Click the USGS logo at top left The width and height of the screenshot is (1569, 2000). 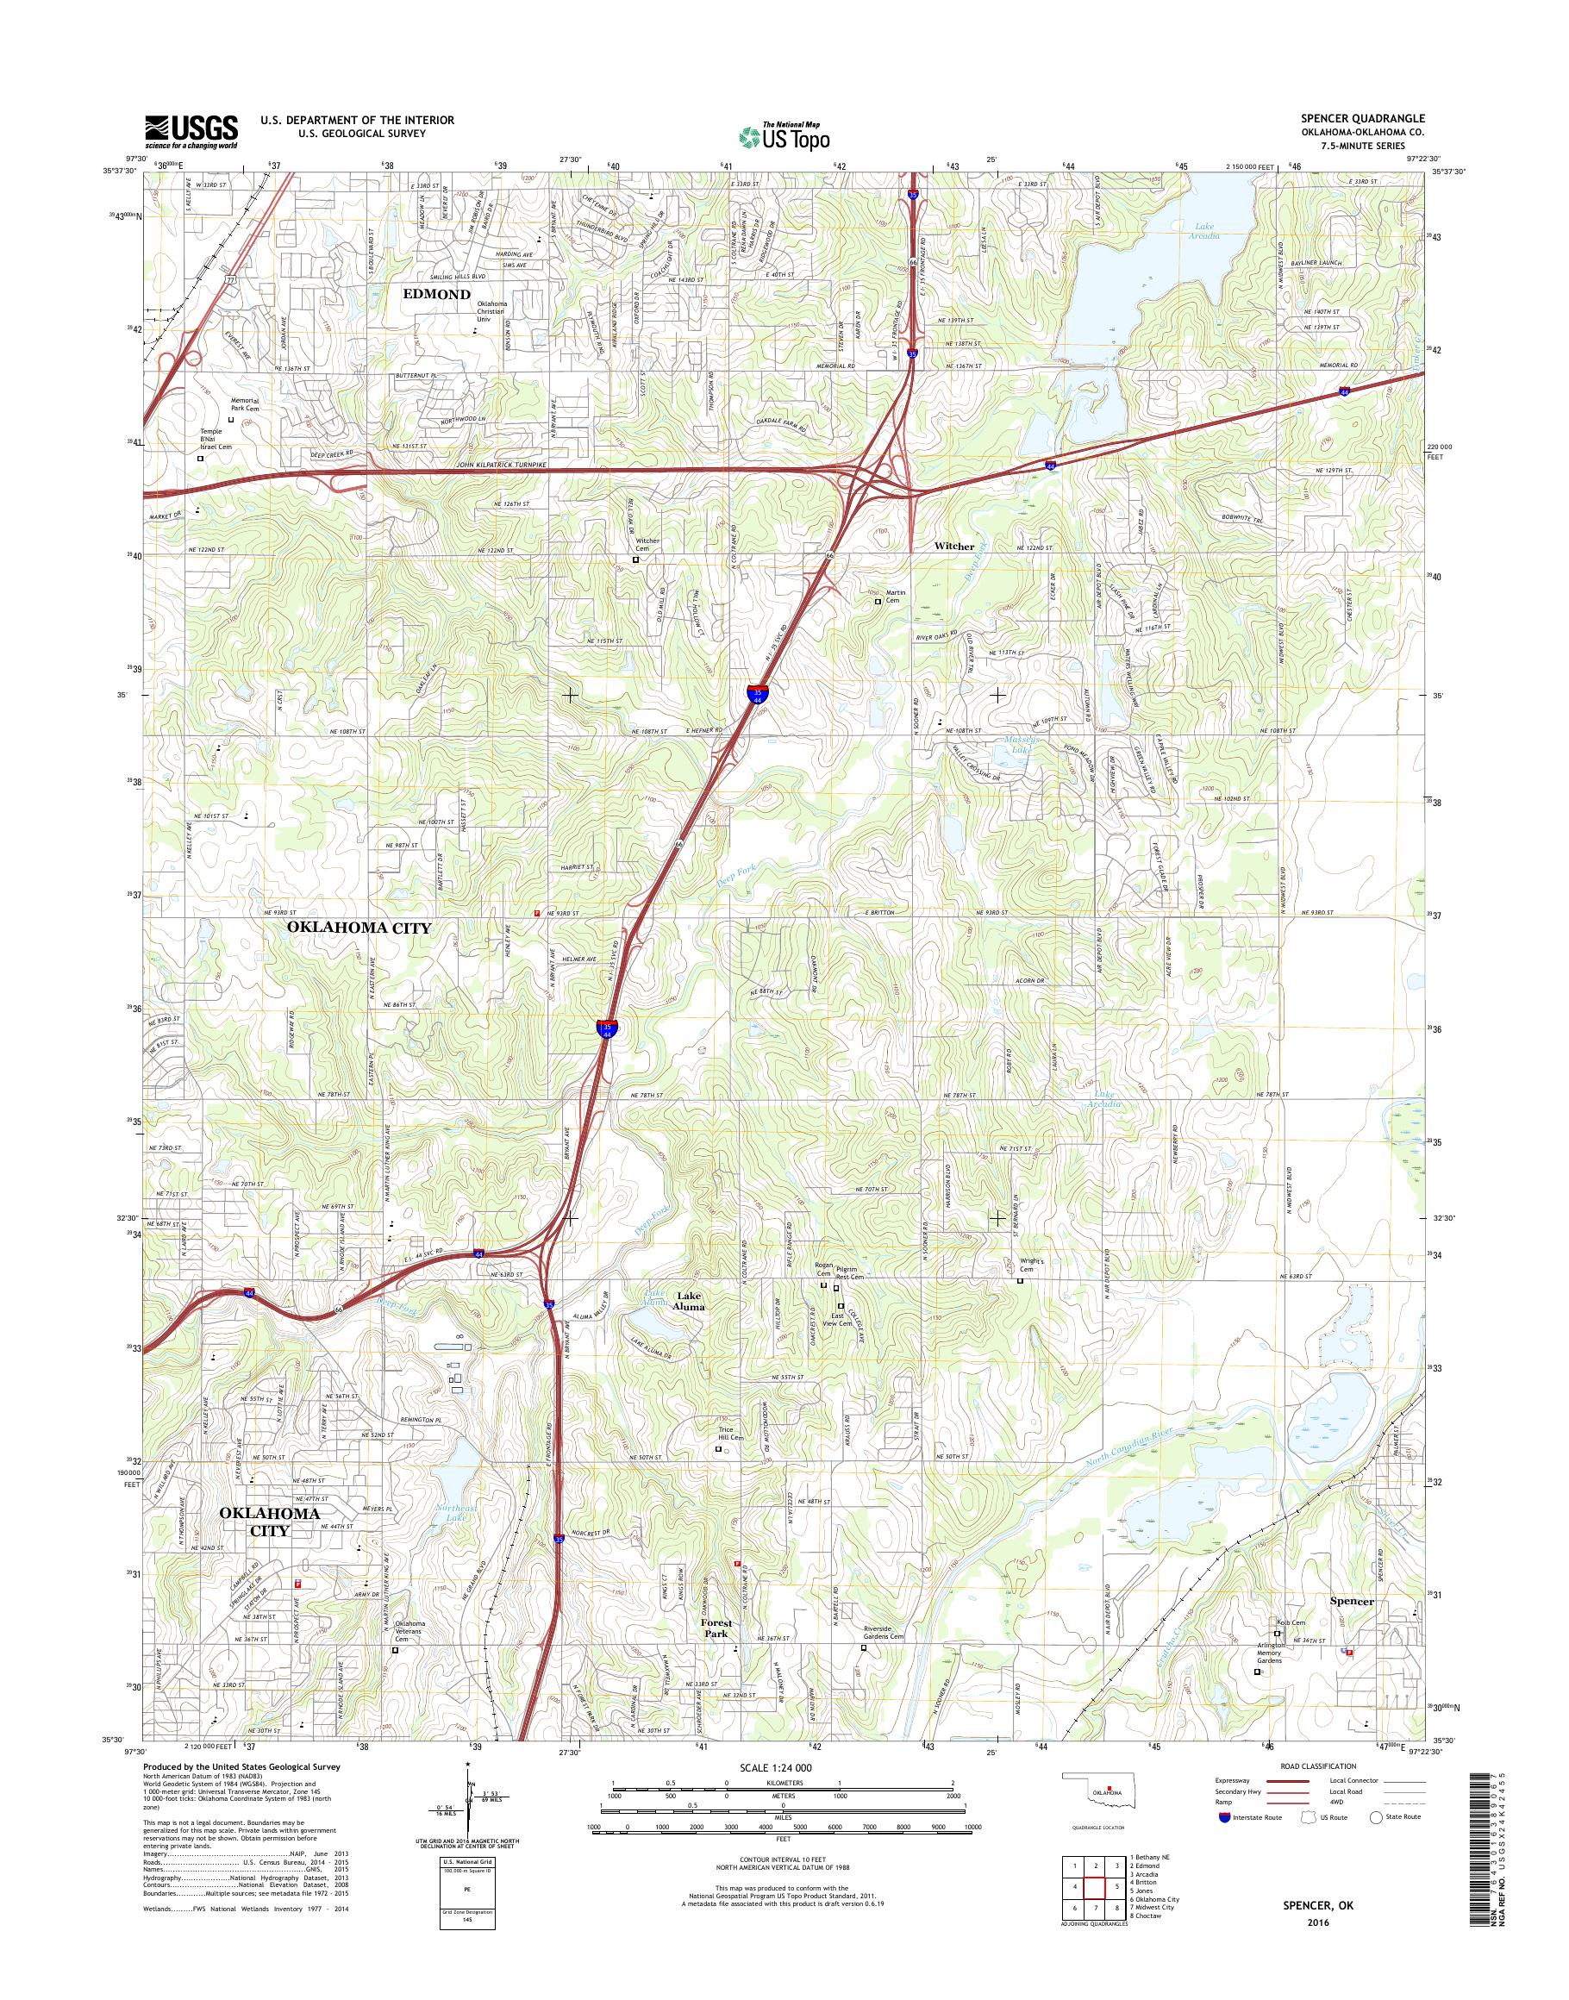point(191,132)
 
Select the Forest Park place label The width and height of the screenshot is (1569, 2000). point(716,1628)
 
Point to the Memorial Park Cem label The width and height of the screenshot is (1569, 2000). point(244,405)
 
